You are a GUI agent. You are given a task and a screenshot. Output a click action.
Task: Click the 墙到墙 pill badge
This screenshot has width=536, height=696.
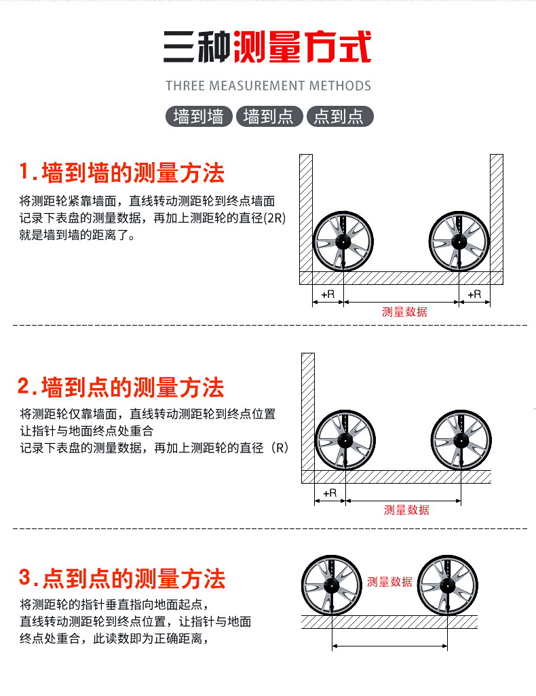tap(199, 116)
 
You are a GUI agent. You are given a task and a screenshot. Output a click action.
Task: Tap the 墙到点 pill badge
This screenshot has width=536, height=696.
tap(269, 116)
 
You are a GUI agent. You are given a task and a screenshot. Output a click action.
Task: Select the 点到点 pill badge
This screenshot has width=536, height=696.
tap(340, 116)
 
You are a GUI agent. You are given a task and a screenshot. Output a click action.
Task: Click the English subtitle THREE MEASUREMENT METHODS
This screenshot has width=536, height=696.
tap(268, 85)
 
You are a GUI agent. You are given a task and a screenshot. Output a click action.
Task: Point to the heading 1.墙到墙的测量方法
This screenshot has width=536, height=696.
tap(121, 172)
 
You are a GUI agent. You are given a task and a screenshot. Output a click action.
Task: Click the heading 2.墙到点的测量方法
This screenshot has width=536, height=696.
tap(121, 387)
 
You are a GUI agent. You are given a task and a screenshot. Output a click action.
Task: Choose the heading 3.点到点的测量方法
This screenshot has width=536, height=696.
tap(122, 579)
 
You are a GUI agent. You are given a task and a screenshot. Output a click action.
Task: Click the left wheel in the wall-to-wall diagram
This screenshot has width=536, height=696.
tap(343, 241)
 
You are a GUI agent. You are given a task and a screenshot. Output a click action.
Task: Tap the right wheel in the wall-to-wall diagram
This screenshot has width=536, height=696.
tap(459, 241)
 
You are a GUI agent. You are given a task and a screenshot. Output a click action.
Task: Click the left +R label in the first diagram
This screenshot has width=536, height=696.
tap(328, 294)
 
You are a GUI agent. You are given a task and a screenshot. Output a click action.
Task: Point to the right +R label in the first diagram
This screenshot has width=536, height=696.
tap(474, 294)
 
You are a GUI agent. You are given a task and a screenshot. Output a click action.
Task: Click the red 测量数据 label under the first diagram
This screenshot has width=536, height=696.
tap(404, 312)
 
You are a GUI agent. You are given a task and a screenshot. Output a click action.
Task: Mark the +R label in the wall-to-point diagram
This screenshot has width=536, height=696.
tap(330, 492)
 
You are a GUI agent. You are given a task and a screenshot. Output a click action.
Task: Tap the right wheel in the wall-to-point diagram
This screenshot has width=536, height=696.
tap(461, 440)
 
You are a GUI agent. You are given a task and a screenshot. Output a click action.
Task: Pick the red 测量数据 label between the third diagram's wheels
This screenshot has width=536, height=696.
tap(389, 581)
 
